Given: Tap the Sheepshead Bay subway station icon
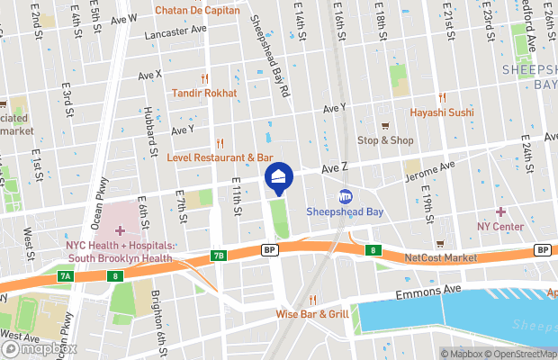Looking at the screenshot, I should point(346,197).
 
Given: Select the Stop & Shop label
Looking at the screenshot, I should point(385,139).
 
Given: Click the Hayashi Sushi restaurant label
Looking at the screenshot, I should point(441,112).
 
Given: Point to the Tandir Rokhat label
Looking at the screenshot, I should point(205,93).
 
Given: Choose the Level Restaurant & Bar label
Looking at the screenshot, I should point(220,157).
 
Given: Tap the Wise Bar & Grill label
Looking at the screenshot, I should point(313,314).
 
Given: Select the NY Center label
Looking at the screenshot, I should point(501,226).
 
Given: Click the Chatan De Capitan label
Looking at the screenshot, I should point(198,11).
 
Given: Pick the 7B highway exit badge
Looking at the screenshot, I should point(219,256).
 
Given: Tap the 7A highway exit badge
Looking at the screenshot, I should point(65,274).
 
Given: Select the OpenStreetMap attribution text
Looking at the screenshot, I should point(514,353).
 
